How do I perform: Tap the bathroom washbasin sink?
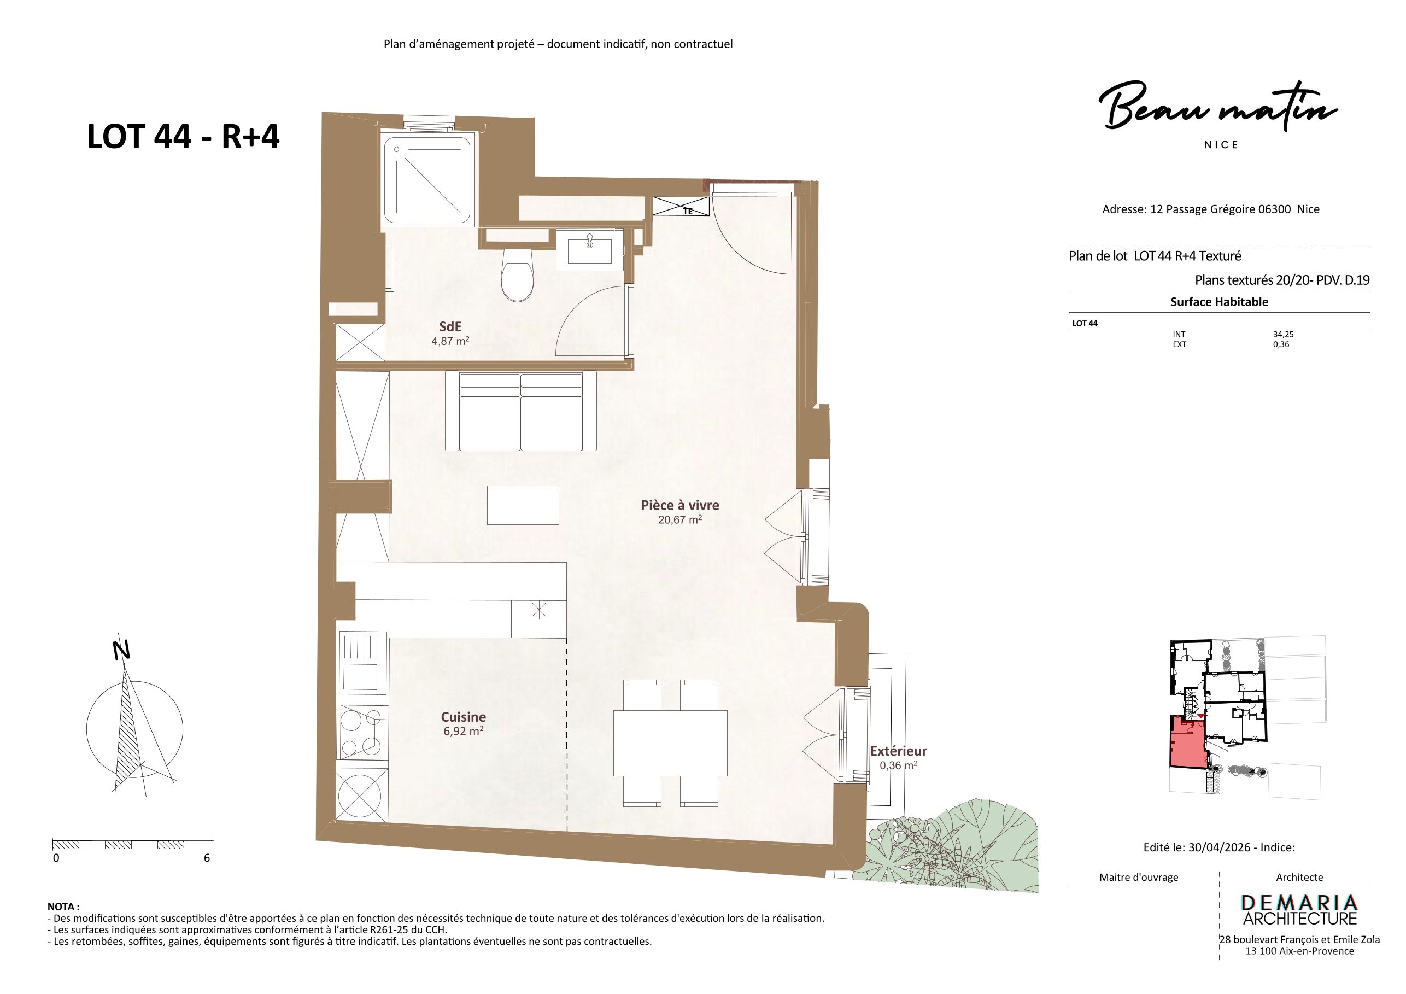590,249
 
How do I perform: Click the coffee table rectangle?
523,505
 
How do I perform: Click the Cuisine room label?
464,717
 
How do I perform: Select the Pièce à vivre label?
679,505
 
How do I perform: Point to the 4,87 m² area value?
450,341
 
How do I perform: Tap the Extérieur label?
898,751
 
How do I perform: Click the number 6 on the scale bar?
207,858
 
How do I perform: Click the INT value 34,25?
1282,335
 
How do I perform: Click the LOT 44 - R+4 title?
184,136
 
